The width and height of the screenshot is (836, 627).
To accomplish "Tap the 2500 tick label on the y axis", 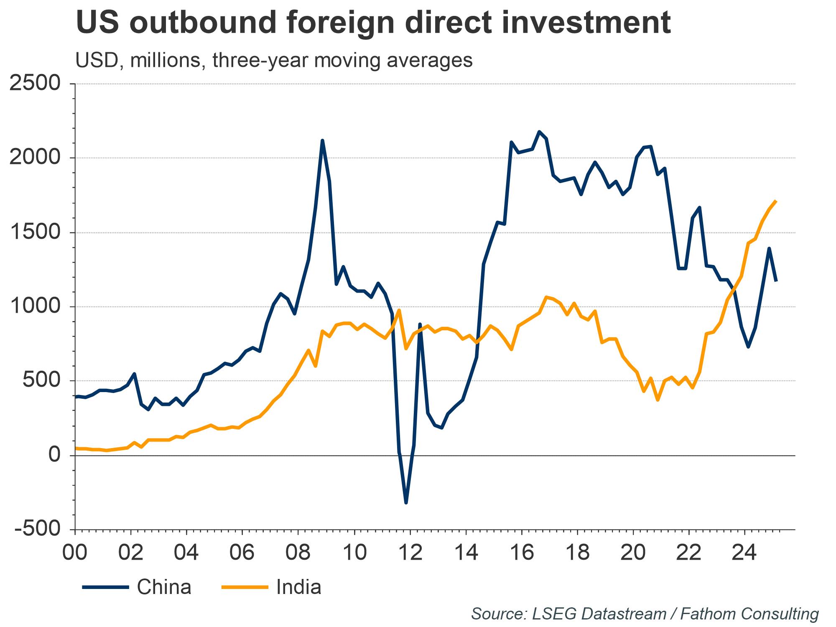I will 34,84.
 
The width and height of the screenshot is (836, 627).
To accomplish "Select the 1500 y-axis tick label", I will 34,232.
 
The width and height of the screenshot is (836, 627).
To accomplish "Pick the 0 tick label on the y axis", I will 54,455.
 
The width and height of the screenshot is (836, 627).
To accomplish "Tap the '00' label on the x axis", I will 75,553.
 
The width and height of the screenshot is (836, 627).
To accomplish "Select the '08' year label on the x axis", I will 298,553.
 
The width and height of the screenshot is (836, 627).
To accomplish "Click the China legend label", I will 164,587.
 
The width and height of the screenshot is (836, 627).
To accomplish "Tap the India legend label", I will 298,587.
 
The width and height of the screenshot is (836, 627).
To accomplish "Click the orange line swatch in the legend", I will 245,587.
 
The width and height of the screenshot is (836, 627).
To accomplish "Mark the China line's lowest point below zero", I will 406,502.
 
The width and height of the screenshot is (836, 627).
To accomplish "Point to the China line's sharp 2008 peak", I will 322,140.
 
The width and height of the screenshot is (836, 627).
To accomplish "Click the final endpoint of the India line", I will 776,201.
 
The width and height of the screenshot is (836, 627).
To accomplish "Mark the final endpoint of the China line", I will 776,281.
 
